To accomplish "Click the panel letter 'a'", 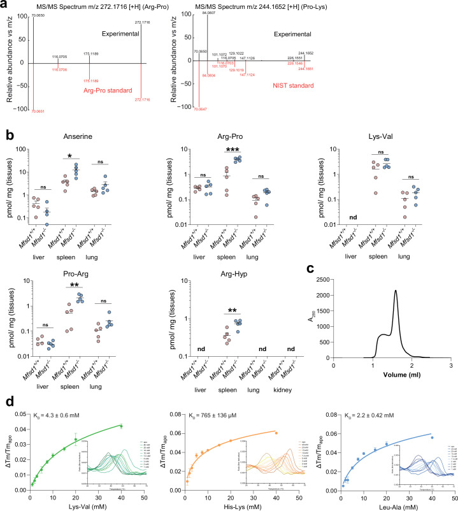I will pyautogui.click(x=4, y=6).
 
